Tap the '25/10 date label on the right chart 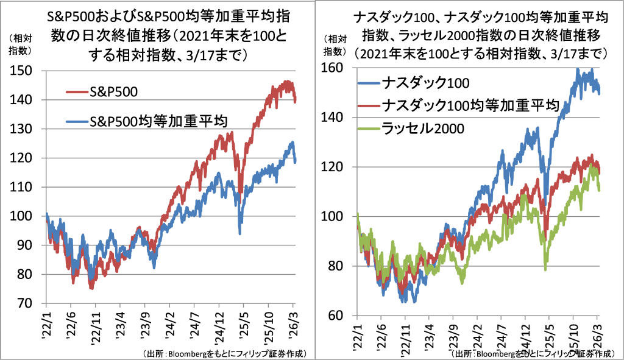[572, 333]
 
